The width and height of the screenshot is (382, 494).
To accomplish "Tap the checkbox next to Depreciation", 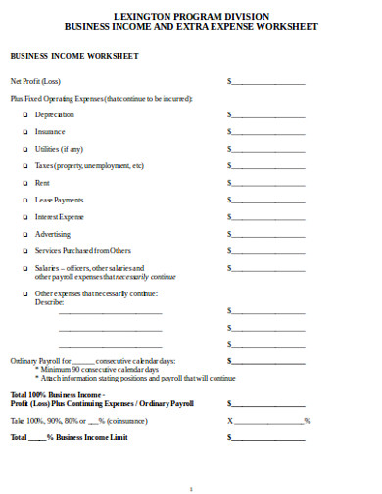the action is pyautogui.click(x=24, y=115).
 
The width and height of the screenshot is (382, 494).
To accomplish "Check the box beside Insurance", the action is pyautogui.click(x=24, y=132).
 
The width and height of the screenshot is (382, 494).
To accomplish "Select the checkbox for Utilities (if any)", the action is pyautogui.click(x=24, y=149).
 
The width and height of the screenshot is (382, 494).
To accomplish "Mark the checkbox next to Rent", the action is pyautogui.click(x=24, y=183).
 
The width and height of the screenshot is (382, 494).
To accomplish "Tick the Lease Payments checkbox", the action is pyautogui.click(x=24, y=200).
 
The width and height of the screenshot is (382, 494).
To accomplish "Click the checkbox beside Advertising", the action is pyautogui.click(x=24, y=234).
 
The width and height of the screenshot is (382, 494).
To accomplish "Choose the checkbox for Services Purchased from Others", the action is pyautogui.click(x=24, y=251).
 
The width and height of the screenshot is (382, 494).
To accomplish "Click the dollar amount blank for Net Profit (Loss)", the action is pyautogui.click(x=268, y=82).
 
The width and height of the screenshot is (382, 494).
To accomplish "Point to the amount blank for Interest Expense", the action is pyautogui.click(x=268, y=217).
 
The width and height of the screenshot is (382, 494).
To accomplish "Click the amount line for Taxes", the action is pyautogui.click(x=268, y=166).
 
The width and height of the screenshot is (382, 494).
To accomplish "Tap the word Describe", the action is pyautogui.click(x=49, y=302).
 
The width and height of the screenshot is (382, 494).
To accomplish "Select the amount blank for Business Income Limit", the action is pyautogui.click(x=268, y=438).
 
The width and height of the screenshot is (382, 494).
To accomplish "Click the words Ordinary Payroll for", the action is pyautogui.click(x=40, y=362).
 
